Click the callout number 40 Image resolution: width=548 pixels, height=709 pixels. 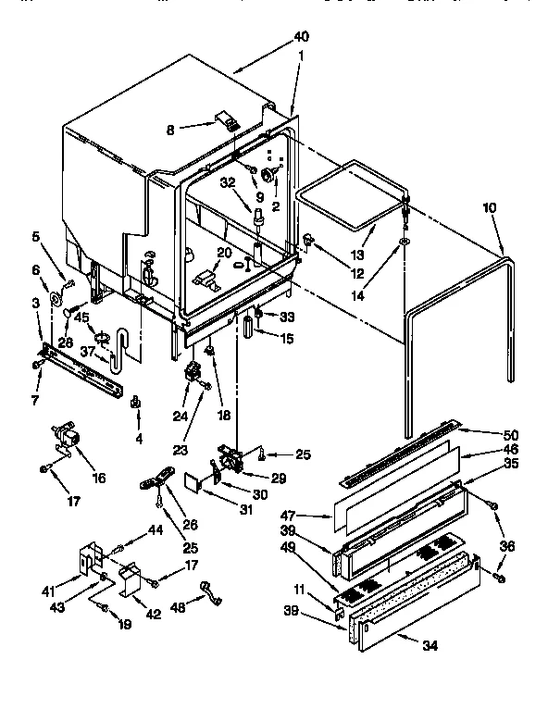[300, 36]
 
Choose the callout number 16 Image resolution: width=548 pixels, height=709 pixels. [98, 478]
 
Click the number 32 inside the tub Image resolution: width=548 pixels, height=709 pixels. [227, 183]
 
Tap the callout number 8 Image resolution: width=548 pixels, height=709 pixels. [170, 130]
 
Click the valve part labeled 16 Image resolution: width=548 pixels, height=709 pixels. [65, 436]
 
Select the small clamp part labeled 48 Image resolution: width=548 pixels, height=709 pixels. [208, 590]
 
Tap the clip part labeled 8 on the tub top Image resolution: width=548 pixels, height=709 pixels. [225, 120]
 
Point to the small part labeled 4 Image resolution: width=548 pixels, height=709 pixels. [135, 403]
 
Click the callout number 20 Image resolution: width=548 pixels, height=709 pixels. [225, 252]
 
